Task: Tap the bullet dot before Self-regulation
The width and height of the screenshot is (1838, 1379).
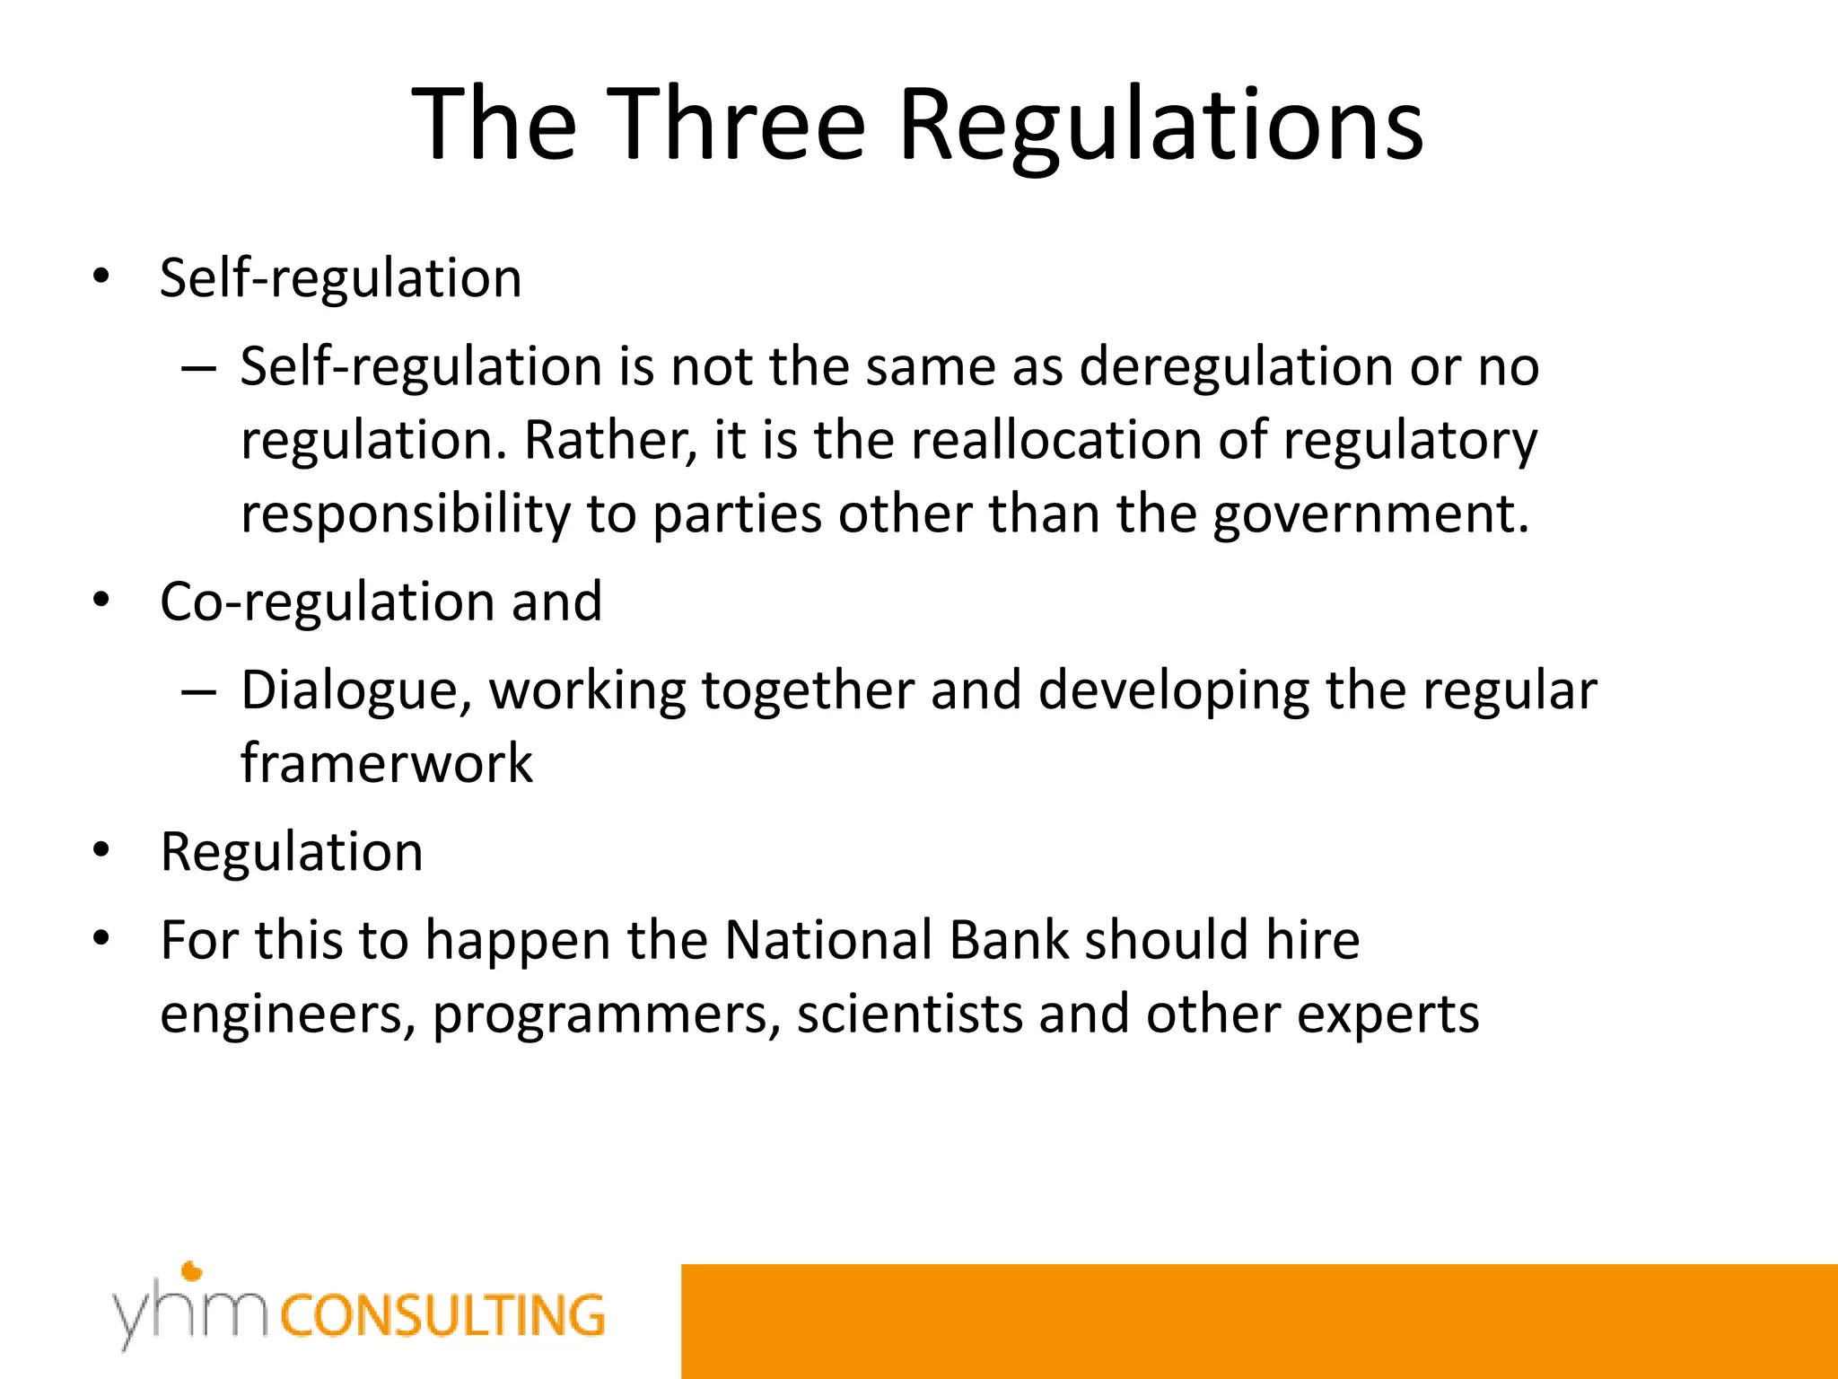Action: (101, 277)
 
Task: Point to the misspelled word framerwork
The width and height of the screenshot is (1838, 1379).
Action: (387, 764)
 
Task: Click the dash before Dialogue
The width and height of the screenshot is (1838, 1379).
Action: (197, 692)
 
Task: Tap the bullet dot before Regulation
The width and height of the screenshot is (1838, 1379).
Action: (101, 850)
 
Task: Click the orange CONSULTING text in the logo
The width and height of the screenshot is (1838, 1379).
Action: (443, 1316)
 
